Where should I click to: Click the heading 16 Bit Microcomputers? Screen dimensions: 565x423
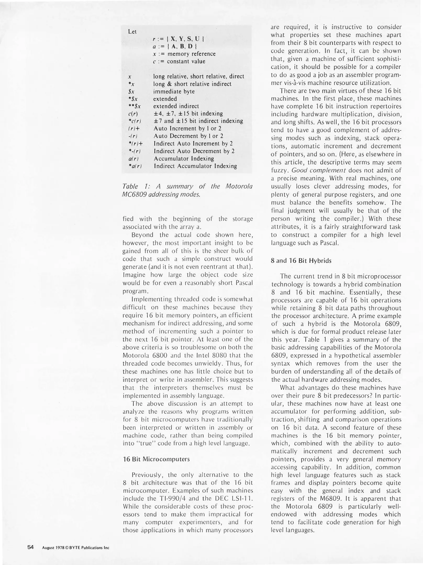point(156,459)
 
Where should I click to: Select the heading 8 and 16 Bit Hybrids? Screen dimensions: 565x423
point(301,261)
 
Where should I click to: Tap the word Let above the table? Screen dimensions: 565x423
point(132,32)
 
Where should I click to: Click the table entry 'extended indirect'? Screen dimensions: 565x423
point(176,106)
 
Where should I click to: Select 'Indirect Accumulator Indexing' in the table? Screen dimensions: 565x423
point(195,166)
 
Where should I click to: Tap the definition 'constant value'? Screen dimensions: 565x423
point(186,61)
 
